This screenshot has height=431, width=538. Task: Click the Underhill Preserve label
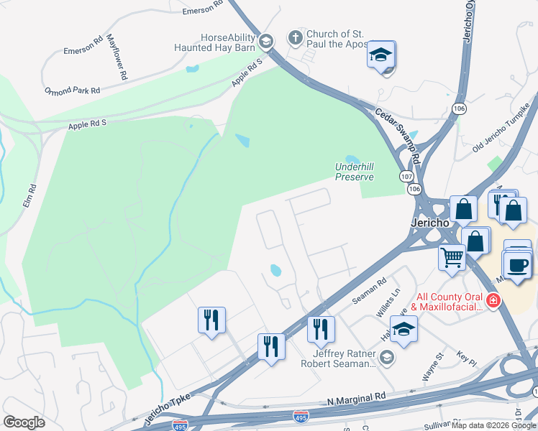click(355, 172)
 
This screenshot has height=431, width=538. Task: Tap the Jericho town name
click(429, 223)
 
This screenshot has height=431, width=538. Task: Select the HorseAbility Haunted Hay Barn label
click(215, 42)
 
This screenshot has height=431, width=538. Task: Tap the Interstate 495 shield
click(301, 416)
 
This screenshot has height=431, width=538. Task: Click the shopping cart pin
click(452, 256)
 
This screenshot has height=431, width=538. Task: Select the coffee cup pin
click(518, 264)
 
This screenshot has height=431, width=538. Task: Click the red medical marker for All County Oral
click(493, 300)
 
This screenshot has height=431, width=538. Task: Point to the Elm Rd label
click(29, 195)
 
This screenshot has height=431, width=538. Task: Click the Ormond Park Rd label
click(72, 91)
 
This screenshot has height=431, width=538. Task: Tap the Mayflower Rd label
click(117, 57)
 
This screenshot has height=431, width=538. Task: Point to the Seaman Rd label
click(369, 289)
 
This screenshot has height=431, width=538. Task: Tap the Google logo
click(24, 422)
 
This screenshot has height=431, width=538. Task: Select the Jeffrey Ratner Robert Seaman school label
click(344, 358)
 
